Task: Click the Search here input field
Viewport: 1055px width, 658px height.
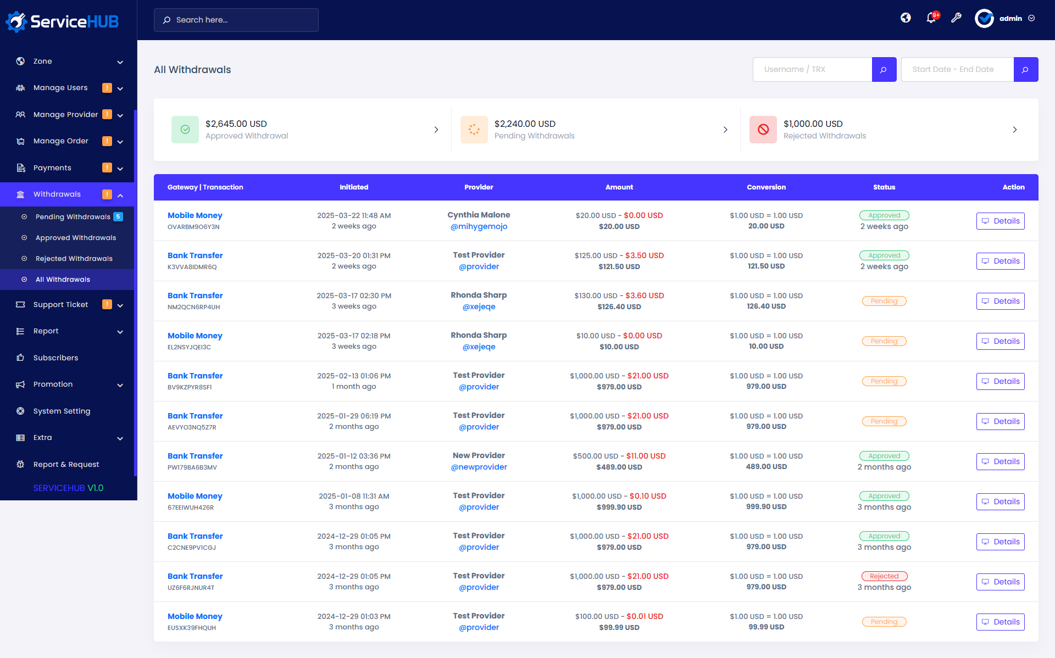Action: pos(242,20)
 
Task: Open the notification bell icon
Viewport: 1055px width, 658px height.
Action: pos(931,18)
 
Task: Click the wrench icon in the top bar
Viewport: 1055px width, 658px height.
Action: pos(956,18)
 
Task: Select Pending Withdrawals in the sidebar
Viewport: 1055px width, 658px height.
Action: pos(73,217)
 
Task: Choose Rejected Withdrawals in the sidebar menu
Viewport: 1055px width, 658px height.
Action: pos(74,259)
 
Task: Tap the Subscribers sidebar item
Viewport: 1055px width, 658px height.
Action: pos(55,358)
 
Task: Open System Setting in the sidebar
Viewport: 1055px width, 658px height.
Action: pos(62,411)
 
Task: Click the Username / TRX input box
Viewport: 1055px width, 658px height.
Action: pos(812,69)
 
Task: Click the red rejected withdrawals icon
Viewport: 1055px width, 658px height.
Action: pos(763,130)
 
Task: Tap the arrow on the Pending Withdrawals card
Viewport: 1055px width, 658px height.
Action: pos(725,130)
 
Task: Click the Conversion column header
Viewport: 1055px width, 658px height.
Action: pos(766,187)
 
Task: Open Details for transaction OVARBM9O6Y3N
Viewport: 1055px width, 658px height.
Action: pos(1000,221)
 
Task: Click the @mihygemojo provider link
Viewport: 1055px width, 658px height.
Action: pos(479,226)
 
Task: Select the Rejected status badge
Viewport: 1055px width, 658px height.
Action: pos(884,576)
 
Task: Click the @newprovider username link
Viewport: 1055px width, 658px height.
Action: pos(479,467)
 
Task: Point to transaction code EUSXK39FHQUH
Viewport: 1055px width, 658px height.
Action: pos(192,628)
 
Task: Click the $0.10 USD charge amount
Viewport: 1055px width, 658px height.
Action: pos(648,496)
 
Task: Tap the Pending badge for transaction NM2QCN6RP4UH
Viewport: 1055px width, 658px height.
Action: pos(884,301)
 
